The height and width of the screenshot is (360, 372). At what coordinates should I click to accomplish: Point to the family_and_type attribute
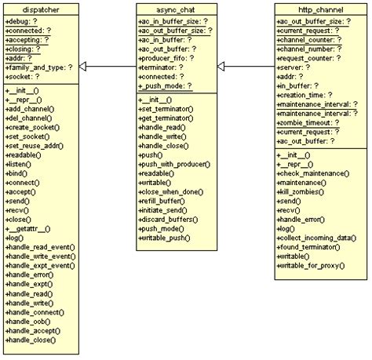coord(39,67)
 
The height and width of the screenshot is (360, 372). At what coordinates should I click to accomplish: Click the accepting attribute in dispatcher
coord(31,38)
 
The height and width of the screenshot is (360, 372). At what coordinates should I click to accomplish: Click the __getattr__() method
coord(31,227)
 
